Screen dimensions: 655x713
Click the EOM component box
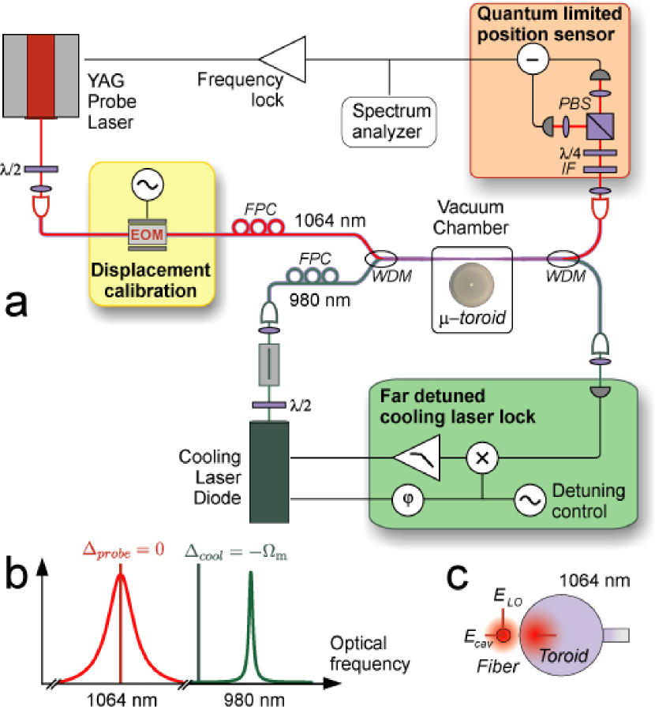click(x=148, y=234)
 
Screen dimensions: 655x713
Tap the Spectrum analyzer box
click(x=389, y=122)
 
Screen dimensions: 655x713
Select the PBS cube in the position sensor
click(x=600, y=126)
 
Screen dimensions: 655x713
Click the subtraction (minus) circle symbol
click(x=533, y=58)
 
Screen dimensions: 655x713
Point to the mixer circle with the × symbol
click(x=482, y=457)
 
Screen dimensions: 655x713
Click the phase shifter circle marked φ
click(x=407, y=499)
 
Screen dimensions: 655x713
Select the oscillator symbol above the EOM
click(x=148, y=184)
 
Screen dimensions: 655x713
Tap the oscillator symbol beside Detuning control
click(x=530, y=500)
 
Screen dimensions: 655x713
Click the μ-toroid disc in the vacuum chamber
click(x=471, y=285)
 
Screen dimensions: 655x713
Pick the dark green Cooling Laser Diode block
click(x=269, y=472)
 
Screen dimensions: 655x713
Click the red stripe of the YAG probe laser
click(x=41, y=77)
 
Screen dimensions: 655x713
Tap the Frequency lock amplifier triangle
click(x=283, y=60)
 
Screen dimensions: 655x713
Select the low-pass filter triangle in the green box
click(x=417, y=457)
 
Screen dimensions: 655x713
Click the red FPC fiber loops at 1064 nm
click(x=258, y=226)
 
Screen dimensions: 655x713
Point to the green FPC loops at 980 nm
click(x=312, y=275)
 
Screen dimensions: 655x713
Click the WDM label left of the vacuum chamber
click(x=391, y=276)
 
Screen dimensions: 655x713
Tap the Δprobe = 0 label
click(x=123, y=551)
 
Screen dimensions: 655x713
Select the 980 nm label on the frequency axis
click(x=254, y=700)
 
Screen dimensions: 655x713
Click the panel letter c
click(x=457, y=577)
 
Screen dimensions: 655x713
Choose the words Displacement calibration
click(x=151, y=280)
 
